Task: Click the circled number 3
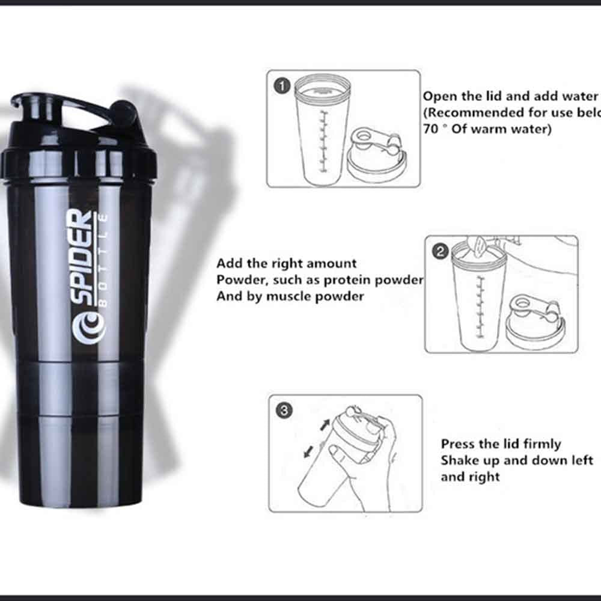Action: click(x=284, y=411)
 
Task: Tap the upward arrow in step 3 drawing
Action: click(x=325, y=424)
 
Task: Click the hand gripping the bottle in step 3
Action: click(x=373, y=463)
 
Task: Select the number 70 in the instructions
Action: click(x=430, y=129)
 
